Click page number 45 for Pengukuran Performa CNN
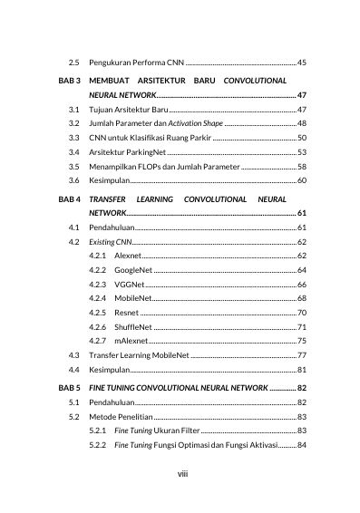[302, 62]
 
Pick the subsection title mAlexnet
[132, 340]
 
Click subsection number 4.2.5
[99, 312]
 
